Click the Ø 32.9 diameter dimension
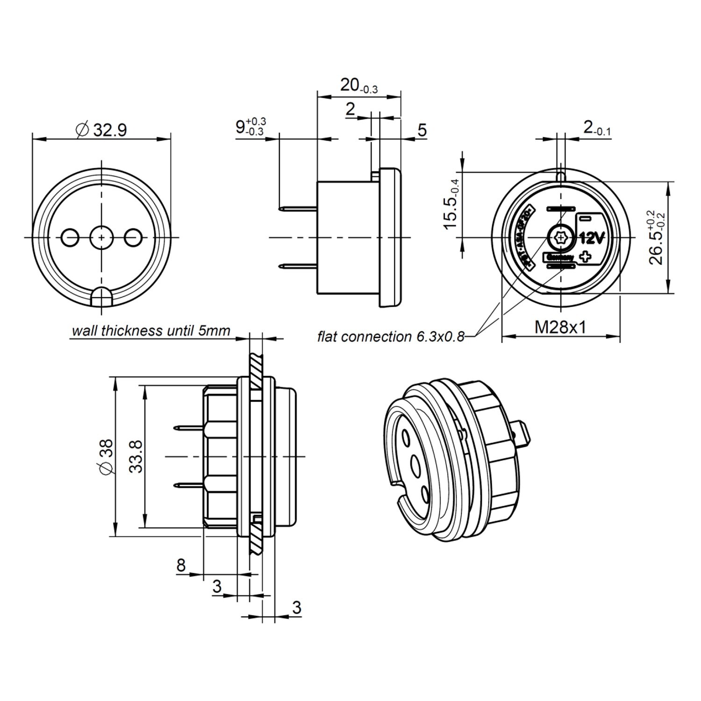101,129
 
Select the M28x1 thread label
560,327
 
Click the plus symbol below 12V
585,256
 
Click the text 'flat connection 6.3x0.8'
391,336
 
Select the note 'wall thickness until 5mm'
150,331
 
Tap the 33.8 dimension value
136,456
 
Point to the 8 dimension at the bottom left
181,565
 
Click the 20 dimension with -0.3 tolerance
358,86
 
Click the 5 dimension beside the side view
422,130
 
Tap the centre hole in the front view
101,237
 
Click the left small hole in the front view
71,237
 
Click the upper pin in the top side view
298,209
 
